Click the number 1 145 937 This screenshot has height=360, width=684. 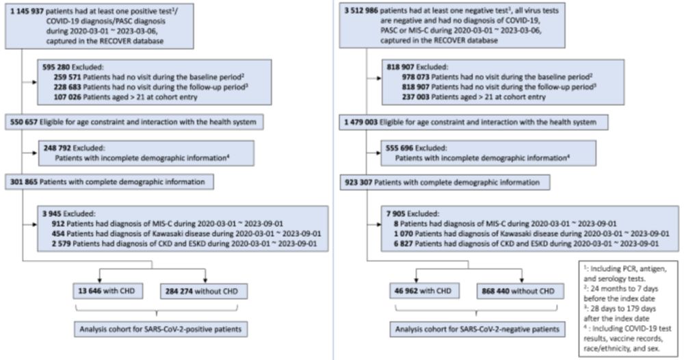(x=27, y=10)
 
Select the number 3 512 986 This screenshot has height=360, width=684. (x=360, y=10)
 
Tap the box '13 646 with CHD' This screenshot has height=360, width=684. (x=108, y=291)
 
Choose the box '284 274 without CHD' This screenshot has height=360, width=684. (x=204, y=291)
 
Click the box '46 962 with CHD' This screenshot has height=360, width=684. (x=425, y=291)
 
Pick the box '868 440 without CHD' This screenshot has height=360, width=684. (x=521, y=291)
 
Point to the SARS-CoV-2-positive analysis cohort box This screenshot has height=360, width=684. (x=161, y=329)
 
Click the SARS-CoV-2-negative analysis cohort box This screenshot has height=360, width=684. (x=477, y=329)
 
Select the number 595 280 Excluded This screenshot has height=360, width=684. (x=56, y=68)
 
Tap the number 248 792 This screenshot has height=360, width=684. (x=57, y=149)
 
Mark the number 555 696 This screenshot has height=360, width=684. (x=399, y=149)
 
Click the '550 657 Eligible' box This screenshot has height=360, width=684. (x=134, y=123)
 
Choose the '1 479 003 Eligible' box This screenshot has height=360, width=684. (x=474, y=123)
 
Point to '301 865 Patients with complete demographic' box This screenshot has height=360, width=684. (x=109, y=182)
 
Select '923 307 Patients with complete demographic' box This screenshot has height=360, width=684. (x=445, y=183)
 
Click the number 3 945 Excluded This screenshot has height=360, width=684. (x=53, y=214)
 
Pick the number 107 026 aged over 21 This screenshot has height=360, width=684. (x=67, y=97)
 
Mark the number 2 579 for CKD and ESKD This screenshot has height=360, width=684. (x=62, y=244)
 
